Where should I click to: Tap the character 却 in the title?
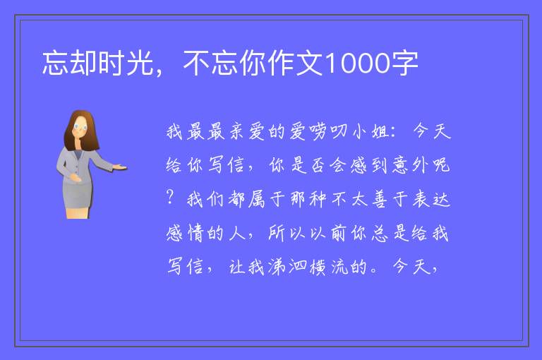[x=83, y=63]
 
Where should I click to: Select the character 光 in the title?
[x=140, y=63]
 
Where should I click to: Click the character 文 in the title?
[x=310, y=63]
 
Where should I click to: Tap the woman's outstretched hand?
[x=120, y=167]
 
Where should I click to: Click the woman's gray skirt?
[x=77, y=194]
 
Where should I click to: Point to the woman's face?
[x=80, y=127]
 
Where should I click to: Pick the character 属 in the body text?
[x=256, y=199]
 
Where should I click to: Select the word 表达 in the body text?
[x=431, y=199]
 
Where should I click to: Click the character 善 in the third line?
[x=380, y=199]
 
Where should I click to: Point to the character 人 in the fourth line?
[x=237, y=233]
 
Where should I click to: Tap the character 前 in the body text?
[x=339, y=233]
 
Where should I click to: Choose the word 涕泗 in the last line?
[x=287, y=267]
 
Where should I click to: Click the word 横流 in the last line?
[x=329, y=267]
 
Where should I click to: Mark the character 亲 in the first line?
[x=237, y=131]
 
